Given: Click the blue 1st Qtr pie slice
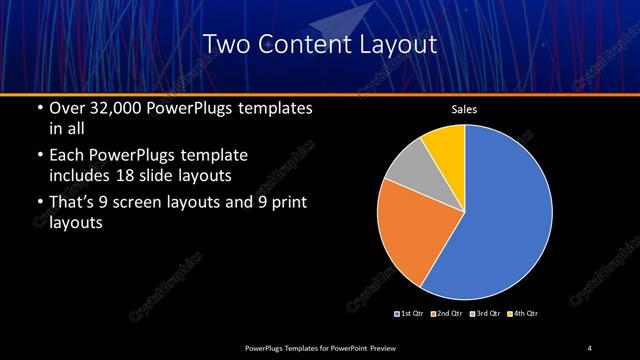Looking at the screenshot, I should pyautogui.click(x=500, y=220).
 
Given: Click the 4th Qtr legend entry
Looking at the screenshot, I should pyautogui.click(x=524, y=314).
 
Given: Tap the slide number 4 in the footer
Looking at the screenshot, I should pyautogui.click(x=590, y=347).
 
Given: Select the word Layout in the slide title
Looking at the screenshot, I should pyautogui.click(x=398, y=44).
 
